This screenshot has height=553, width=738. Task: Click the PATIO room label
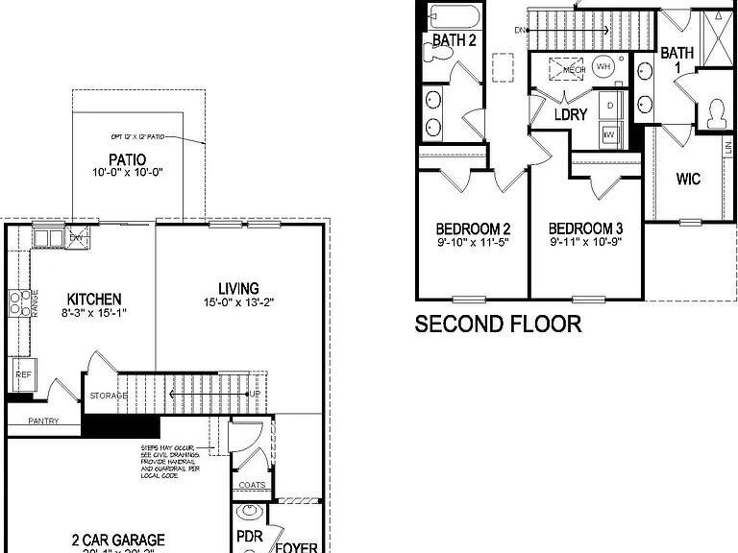[x=128, y=159]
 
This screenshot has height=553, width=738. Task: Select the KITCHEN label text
[x=93, y=299]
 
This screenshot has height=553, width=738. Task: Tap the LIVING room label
[x=237, y=288]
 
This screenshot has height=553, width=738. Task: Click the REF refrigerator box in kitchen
[x=21, y=373]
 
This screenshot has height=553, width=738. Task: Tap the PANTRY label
[x=42, y=421]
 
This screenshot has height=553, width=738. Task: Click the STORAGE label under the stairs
[x=109, y=396]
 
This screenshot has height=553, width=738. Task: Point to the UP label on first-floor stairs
[x=254, y=395]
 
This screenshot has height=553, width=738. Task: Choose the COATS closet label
[x=252, y=486]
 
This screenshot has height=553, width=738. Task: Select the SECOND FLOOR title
[x=498, y=324]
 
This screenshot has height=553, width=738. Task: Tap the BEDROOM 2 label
[x=473, y=228]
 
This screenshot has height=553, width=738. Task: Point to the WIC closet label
[x=688, y=179]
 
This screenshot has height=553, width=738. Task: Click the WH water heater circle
[x=603, y=66]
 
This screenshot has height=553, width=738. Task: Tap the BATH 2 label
[x=454, y=40]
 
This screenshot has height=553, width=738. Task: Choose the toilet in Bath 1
[x=714, y=113]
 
